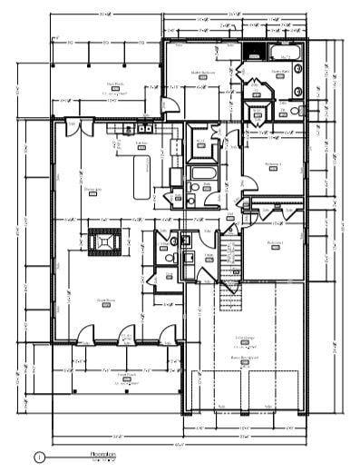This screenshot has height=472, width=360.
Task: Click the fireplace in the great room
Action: tap(105, 244)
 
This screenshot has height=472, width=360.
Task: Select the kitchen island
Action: tap(141, 176)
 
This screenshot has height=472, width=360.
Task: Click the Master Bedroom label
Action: tap(201, 74)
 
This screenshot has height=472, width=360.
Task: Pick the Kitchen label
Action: tap(141, 144)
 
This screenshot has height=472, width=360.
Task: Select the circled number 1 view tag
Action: tap(38, 458)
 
